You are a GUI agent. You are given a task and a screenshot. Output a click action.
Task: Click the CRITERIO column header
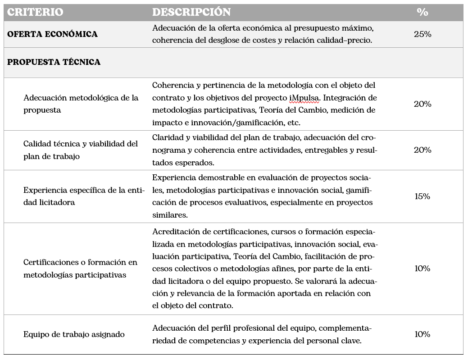point(35,12)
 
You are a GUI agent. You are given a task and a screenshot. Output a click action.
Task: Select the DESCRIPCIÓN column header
point(191,12)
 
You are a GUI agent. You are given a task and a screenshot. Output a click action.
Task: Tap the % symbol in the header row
point(422,12)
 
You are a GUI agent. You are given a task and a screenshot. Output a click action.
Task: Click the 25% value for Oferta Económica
point(422,34)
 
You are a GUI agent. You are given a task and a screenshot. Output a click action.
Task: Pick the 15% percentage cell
point(422,196)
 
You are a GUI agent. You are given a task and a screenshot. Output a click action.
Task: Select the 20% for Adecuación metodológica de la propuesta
point(422,104)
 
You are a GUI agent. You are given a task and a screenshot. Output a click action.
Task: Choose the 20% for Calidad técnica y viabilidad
point(422,150)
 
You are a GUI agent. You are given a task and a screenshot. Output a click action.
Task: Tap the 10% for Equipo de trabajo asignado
point(422,334)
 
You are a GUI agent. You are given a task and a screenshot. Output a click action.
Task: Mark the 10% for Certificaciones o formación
point(422,269)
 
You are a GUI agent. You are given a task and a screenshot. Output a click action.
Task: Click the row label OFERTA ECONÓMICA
point(52,34)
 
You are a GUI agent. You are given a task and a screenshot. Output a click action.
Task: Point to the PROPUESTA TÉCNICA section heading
point(54,62)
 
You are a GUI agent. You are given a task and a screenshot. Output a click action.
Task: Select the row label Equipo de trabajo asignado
point(74,334)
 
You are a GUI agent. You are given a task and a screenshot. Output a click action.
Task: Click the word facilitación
point(323,256)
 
